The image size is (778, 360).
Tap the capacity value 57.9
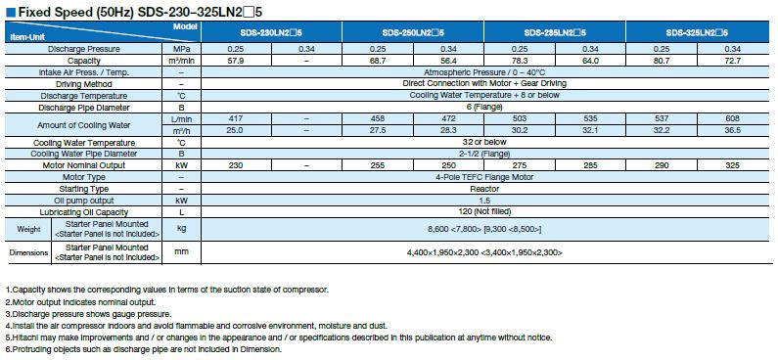coord(234,60)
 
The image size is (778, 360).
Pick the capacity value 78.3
coord(521,60)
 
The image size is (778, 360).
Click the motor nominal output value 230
coord(234,165)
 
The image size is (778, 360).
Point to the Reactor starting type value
coord(485,188)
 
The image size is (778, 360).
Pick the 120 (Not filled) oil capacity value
coord(485,211)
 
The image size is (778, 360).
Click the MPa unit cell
coord(181,48)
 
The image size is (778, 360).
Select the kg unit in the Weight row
coord(181,228)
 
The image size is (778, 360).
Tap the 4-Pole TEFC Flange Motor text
coord(485,176)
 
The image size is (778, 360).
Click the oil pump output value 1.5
coord(485,200)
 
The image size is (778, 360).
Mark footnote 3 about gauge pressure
coord(88,315)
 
